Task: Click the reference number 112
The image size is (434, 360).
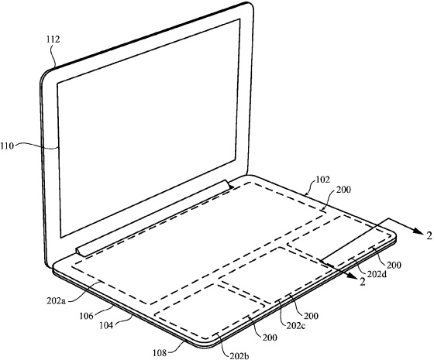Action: pyautogui.click(x=53, y=39)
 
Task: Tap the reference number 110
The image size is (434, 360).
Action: pyautogui.click(x=7, y=146)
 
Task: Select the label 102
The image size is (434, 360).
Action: pyautogui.click(x=323, y=180)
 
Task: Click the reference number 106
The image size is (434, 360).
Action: pyautogui.click(x=86, y=316)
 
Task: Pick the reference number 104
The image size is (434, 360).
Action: pyautogui.click(x=106, y=325)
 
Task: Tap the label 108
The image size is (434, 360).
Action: pyautogui.click(x=160, y=353)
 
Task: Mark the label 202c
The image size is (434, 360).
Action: pyautogui.click(x=295, y=326)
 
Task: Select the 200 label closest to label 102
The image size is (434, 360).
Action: pyautogui.click(x=343, y=190)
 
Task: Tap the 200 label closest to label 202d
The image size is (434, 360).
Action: pyautogui.click(x=394, y=266)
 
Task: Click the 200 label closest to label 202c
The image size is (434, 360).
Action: pyautogui.click(x=311, y=316)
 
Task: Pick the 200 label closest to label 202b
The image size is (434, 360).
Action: pyautogui.click(x=270, y=338)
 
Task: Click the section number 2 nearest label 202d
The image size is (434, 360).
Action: pyautogui.click(x=362, y=282)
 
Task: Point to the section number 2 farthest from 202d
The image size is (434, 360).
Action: pyautogui.click(x=429, y=235)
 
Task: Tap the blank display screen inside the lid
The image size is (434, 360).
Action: pyautogui.click(x=148, y=127)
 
